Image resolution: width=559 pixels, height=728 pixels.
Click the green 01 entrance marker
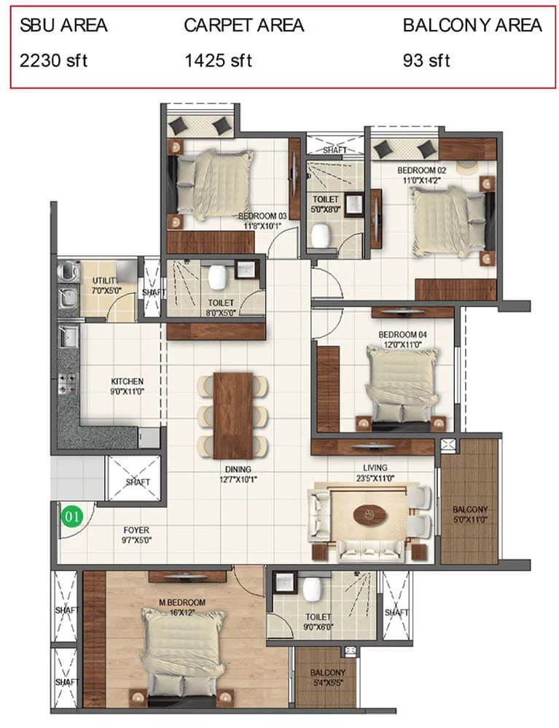coord(72,516)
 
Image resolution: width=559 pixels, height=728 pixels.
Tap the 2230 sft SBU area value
coord(53,61)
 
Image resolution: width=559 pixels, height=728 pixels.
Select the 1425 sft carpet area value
coord(219,61)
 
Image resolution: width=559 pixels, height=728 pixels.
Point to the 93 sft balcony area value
coord(426,61)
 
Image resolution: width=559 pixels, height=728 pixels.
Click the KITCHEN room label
coord(128,381)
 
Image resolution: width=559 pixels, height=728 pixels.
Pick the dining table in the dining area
coord(233,416)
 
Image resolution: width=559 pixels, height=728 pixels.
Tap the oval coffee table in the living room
coord(370,515)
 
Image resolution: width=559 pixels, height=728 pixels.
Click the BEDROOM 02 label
coord(422,170)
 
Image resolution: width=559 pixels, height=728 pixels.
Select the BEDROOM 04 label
coord(402,334)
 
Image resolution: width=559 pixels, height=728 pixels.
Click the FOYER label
coord(136,530)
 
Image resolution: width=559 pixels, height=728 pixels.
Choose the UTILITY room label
coord(105,280)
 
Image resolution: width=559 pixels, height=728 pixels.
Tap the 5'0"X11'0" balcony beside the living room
coord(469,502)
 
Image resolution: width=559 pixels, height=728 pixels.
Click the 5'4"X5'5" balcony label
coord(328,678)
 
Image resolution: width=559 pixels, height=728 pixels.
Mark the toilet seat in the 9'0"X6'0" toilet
coord(311,588)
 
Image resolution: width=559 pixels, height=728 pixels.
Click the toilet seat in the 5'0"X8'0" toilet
coord(321,235)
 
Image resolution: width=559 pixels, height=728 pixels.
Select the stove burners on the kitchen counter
coord(67,384)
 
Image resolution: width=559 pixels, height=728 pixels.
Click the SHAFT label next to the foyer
coord(138,483)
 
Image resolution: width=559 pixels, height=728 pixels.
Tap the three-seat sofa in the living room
coord(370,551)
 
